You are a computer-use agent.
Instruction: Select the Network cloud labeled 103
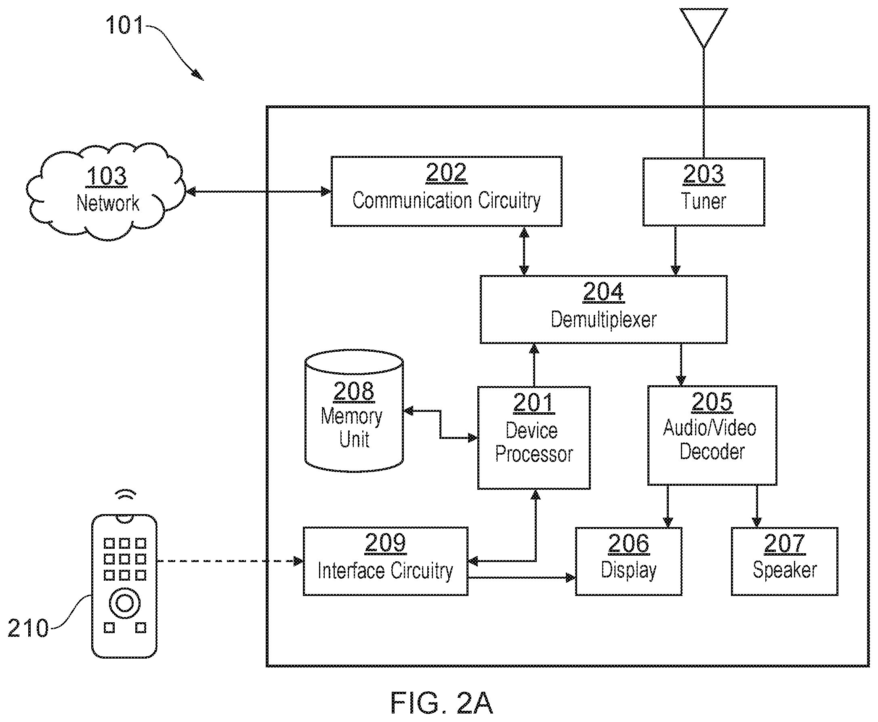(x=106, y=192)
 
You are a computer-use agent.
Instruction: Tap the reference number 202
(x=446, y=172)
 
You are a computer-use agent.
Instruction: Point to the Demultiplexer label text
(x=603, y=320)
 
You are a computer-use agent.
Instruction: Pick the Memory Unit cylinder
(x=354, y=411)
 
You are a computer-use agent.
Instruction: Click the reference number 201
(x=534, y=403)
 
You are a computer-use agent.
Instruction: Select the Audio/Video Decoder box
(x=712, y=435)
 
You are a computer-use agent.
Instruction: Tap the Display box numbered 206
(x=628, y=561)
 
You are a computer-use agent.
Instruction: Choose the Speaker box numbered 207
(x=784, y=561)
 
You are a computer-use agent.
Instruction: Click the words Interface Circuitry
(x=385, y=571)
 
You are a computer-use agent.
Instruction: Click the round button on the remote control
(x=124, y=603)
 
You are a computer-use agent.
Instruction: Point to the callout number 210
(x=28, y=628)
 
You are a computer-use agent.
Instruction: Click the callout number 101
(x=124, y=25)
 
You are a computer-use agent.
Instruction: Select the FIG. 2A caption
(x=442, y=703)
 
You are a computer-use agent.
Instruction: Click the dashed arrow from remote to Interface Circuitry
(x=231, y=561)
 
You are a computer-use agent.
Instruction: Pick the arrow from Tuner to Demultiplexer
(x=675, y=250)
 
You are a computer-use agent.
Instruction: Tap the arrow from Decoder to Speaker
(x=756, y=506)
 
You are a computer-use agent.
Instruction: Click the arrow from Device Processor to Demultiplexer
(x=534, y=365)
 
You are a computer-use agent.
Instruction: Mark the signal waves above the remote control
(x=125, y=495)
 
